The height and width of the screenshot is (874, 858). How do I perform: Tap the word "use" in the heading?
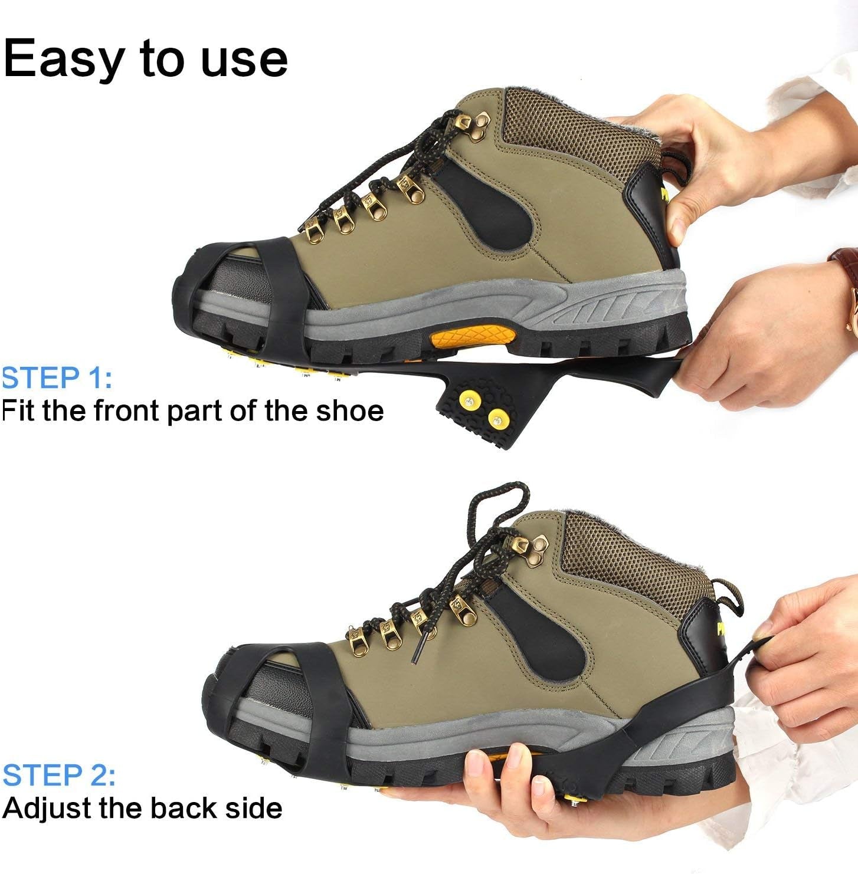pos(244,60)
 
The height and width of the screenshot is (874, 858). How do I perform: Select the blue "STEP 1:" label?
pos(57,378)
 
